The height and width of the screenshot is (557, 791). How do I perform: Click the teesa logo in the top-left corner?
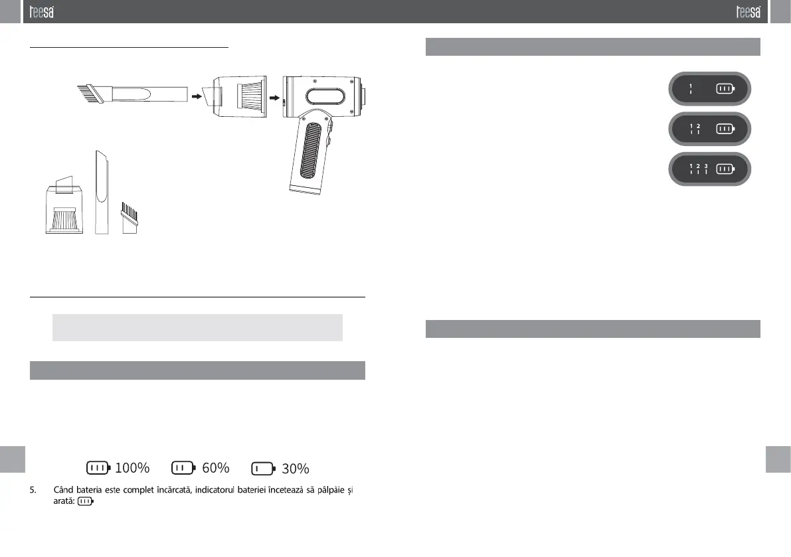pyautogui.click(x=41, y=11)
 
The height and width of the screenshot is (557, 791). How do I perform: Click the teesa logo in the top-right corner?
pyautogui.click(x=748, y=11)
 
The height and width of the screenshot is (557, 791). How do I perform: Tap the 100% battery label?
pyautogui.click(x=132, y=468)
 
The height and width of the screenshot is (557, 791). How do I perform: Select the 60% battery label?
pyautogui.click(x=215, y=468)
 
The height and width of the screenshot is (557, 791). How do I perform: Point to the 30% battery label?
pyautogui.click(x=295, y=469)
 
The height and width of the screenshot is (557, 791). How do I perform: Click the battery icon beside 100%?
pyautogui.click(x=98, y=468)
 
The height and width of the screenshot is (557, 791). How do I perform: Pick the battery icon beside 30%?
pyautogui.click(x=263, y=469)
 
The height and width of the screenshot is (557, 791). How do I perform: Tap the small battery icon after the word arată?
pyautogui.click(x=86, y=501)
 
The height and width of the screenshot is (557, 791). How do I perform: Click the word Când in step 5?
pyautogui.click(x=63, y=490)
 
